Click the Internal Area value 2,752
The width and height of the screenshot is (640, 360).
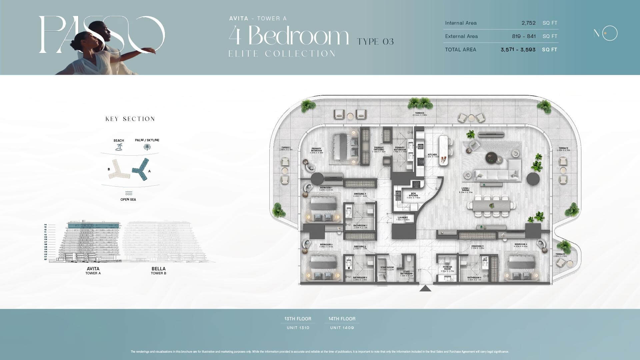528,23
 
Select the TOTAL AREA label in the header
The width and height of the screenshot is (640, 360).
460,50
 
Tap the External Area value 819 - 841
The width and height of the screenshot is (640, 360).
523,36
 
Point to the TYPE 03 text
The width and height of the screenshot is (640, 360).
375,42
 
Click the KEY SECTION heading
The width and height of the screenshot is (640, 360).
130,119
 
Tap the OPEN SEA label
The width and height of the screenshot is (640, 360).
128,199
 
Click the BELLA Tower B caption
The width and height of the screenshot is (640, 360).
158,270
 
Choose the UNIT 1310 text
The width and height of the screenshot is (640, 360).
298,328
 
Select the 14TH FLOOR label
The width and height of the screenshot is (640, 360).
342,319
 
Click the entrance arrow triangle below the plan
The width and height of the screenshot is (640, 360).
425,288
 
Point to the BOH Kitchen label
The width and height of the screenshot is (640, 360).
413,196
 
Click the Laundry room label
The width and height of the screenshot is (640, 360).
403,219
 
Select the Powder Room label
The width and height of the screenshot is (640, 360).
447,269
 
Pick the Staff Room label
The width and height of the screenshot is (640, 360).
387,268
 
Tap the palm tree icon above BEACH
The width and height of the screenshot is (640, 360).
119,147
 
